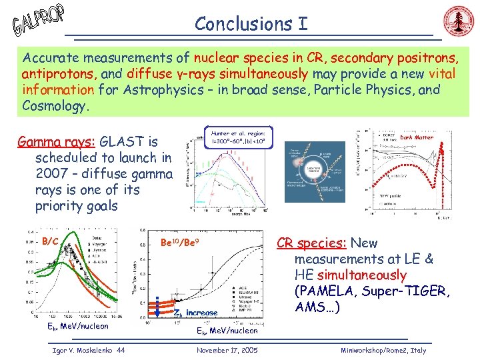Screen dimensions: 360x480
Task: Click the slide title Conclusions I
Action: [x=251, y=23]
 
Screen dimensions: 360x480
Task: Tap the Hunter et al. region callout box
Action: [x=237, y=137]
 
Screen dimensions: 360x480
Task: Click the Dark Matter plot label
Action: [x=416, y=137]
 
